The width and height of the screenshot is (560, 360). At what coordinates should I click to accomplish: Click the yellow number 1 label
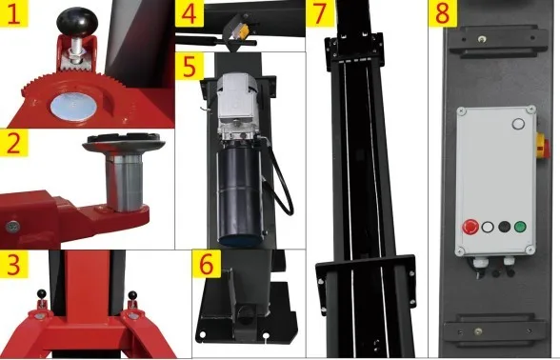click(14, 13)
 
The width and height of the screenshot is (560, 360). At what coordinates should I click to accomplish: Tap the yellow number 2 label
click(14, 143)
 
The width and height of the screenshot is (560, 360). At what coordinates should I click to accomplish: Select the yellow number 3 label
click(14, 265)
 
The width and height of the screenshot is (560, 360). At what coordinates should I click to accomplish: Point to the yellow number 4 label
click(190, 13)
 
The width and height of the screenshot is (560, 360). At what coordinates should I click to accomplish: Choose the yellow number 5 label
click(190, 66)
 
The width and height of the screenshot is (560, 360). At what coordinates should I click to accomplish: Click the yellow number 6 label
click(207, 264)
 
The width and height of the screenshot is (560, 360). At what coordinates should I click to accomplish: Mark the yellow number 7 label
click(320, 13)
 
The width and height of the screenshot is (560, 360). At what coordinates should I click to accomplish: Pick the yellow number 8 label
click(443, 13)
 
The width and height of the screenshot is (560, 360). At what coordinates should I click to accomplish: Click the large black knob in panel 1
click(77, 22)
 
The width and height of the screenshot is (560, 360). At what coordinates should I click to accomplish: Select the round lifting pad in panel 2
click(124, 141)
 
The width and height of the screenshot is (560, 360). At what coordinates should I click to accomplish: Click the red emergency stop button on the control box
click(470, 227)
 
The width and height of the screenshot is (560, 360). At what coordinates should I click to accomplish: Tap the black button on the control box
click(505, 227)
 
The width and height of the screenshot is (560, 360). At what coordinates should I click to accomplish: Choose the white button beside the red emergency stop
click(488, 227)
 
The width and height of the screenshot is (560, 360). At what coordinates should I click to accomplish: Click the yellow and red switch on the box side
click(543, 146)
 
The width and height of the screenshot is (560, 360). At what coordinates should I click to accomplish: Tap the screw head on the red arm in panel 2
click(13, 226)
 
